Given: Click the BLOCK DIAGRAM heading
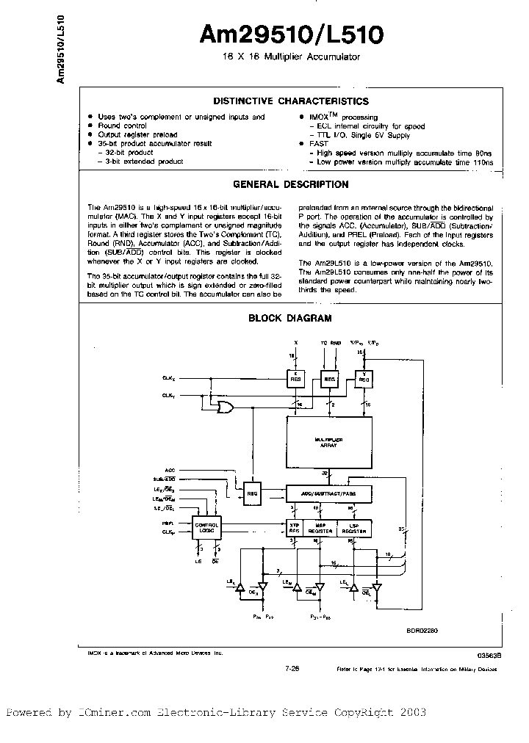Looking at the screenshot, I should [x=289, y=318].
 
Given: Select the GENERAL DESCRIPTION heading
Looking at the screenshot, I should [x=289, y=185].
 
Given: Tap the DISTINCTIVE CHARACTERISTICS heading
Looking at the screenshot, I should [x=289, y=101].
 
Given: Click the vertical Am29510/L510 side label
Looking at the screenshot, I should [x=61, y=48].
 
